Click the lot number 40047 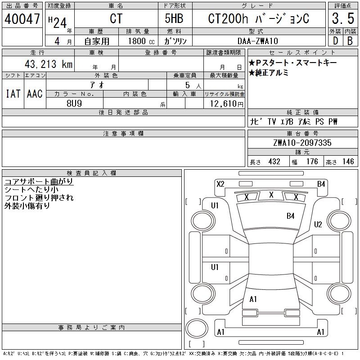pos(22,19)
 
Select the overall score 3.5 pos(342,19)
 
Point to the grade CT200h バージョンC pos(258,19)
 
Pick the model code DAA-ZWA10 pos(258,41)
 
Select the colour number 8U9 pos(74,103)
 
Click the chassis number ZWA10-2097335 pos(302,143)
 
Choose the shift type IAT pos(13,94)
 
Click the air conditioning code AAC pos(35,94)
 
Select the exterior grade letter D pos(335,41)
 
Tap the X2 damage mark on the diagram pos(220,184)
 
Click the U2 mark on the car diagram pos(318,225)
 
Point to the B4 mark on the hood pos(291,216)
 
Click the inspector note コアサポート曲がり pos(39,182)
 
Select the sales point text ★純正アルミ pos(269,72)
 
